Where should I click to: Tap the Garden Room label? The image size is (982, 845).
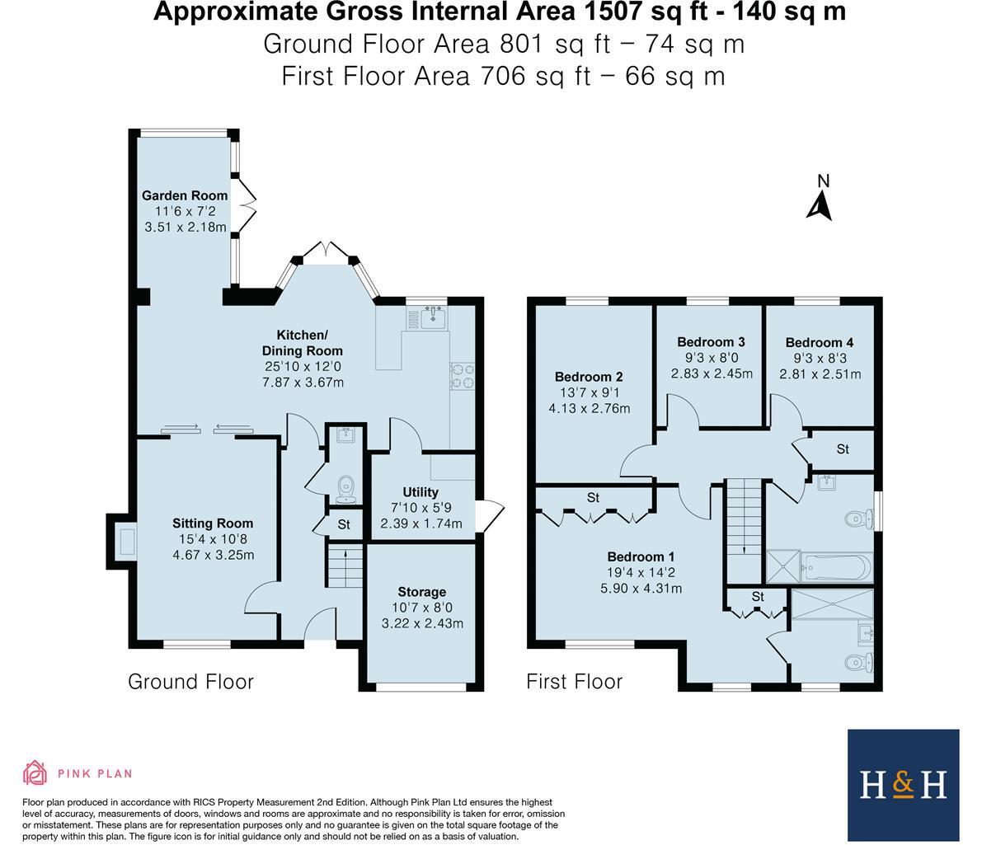[x=185, y=195]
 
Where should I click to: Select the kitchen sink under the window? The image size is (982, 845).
[x=433, y=317]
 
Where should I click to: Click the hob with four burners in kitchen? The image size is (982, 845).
[x=462, y=375]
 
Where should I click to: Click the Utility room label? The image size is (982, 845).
[x=421, y=493]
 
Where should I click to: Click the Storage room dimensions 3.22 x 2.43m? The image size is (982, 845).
[x=422, y=622]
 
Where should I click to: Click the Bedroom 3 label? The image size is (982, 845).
[x=711, y=342]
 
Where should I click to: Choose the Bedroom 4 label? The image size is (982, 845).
[x=820, y=343]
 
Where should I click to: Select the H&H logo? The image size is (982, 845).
[x=903, y=784]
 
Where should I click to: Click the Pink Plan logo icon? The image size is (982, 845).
[x=35, y=773]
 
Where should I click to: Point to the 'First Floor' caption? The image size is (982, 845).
[x=575, y=682]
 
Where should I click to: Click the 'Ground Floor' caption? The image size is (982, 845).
[x=190, y=682]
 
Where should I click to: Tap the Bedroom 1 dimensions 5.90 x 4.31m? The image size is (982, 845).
[x=641, y=588]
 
